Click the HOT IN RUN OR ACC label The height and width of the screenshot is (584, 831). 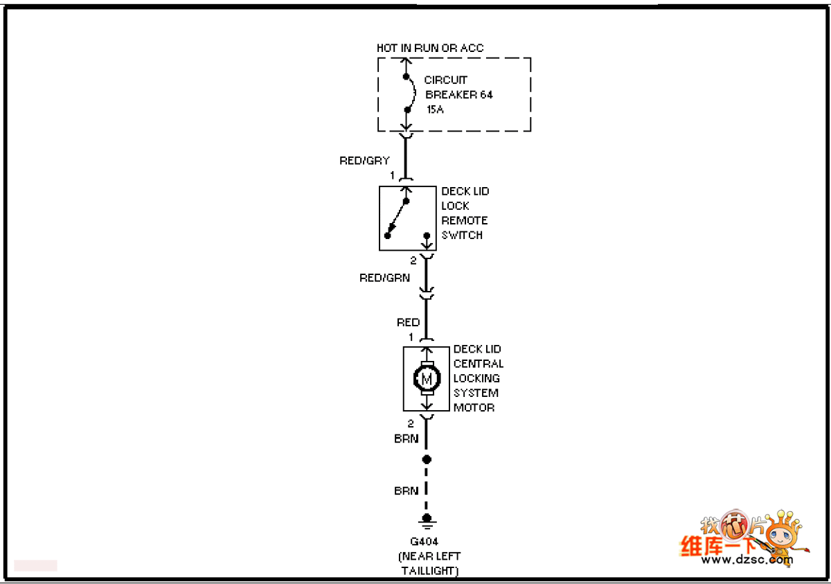[430, 48]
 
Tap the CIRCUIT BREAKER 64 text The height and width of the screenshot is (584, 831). [458, 87]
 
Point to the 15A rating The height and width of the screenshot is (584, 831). [435, 109]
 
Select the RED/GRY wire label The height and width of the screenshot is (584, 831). [364, 161]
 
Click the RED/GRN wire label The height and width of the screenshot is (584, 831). [384, 278]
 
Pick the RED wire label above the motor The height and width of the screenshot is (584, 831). [408, 322]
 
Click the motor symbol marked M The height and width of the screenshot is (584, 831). [427, 378]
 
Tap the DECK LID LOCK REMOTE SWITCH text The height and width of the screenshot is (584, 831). [465, 213]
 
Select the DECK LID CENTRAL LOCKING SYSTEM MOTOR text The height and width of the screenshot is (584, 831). [478, 378]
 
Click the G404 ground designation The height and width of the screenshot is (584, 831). [425, 542]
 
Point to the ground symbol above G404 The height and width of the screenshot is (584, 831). [427, 520]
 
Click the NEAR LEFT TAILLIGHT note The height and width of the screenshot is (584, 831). [429, 563]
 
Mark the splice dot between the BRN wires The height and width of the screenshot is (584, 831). [427, 459]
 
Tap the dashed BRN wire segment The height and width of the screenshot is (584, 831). [427, 489]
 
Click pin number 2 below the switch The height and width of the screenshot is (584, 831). [413, 260]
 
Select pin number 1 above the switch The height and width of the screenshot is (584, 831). [392, 175]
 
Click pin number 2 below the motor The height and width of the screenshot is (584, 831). [411, 423]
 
